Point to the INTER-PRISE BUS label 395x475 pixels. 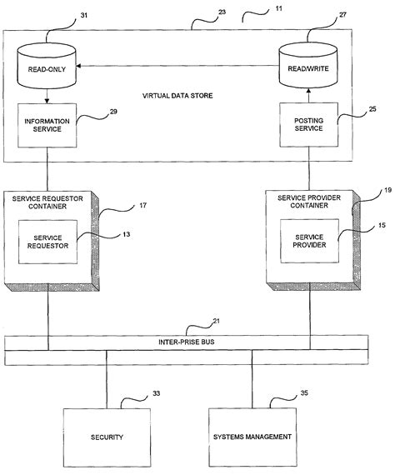[x=187, y=342]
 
